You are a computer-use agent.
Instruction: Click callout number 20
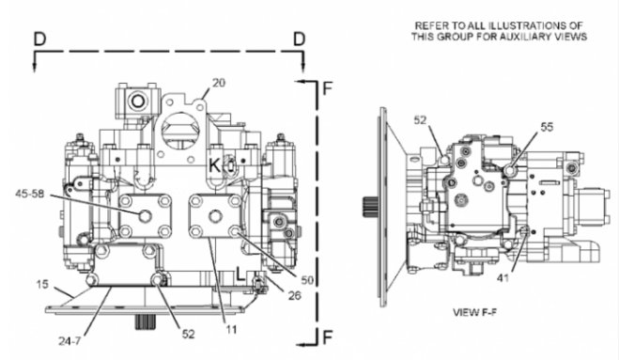[219, 83]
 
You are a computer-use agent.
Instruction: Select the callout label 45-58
[30, 194]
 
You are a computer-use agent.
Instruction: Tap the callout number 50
[307, 280]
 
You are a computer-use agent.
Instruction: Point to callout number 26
[295, 295]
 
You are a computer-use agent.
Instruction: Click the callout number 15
[42, 284]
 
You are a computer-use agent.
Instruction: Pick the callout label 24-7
[70, 340]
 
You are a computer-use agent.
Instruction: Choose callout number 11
[231, 329]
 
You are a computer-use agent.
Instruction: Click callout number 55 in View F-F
[547, 127]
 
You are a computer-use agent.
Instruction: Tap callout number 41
[503, 278]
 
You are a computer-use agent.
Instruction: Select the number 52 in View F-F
[421, 119]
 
